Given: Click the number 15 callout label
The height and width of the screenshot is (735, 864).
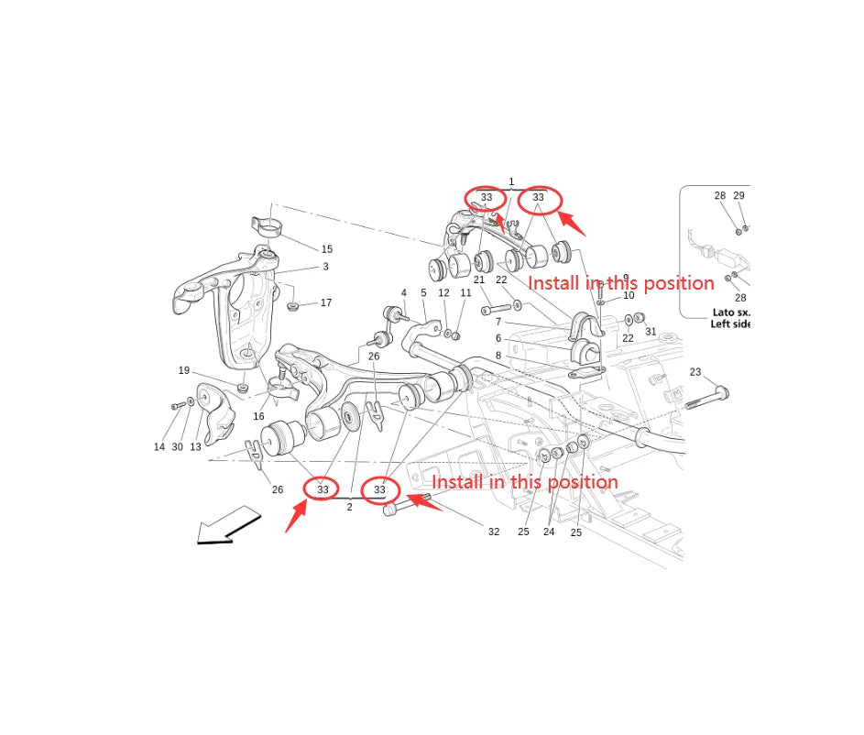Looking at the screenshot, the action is coord(327,249).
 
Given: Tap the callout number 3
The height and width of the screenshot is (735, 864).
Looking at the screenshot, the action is coord(325,267).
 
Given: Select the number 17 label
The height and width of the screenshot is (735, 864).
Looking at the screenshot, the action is coord(326,302).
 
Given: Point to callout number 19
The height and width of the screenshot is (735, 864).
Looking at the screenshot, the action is coord(184,370).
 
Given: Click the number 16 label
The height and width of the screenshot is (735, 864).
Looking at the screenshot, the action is coord(258,417).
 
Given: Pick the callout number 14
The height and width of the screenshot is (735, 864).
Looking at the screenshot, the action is coord(159,447).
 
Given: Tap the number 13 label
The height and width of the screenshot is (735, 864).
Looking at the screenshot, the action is coord(195,447).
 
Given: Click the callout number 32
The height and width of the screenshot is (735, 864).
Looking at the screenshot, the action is coord(494,532).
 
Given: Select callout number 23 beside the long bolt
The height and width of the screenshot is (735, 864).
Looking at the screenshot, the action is coord(695,372).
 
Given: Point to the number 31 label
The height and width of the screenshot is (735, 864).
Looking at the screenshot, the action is coord(651,332).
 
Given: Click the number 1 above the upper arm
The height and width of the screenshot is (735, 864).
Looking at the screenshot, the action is coord(511,181).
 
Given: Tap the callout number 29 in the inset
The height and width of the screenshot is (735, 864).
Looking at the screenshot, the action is coord(738,195).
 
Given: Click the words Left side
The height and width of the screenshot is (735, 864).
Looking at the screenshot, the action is coord(730,324).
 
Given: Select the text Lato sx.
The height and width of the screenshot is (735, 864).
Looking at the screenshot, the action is coord(731,313).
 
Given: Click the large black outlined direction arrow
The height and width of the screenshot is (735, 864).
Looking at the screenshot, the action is coord(228,526).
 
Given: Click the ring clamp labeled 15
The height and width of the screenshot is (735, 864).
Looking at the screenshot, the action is coord(268,226).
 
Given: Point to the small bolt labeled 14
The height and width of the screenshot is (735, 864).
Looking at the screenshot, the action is coord(178,406).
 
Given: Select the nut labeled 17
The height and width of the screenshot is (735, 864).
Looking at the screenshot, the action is coord(293,305).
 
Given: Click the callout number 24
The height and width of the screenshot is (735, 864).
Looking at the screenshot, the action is coord(549,532).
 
